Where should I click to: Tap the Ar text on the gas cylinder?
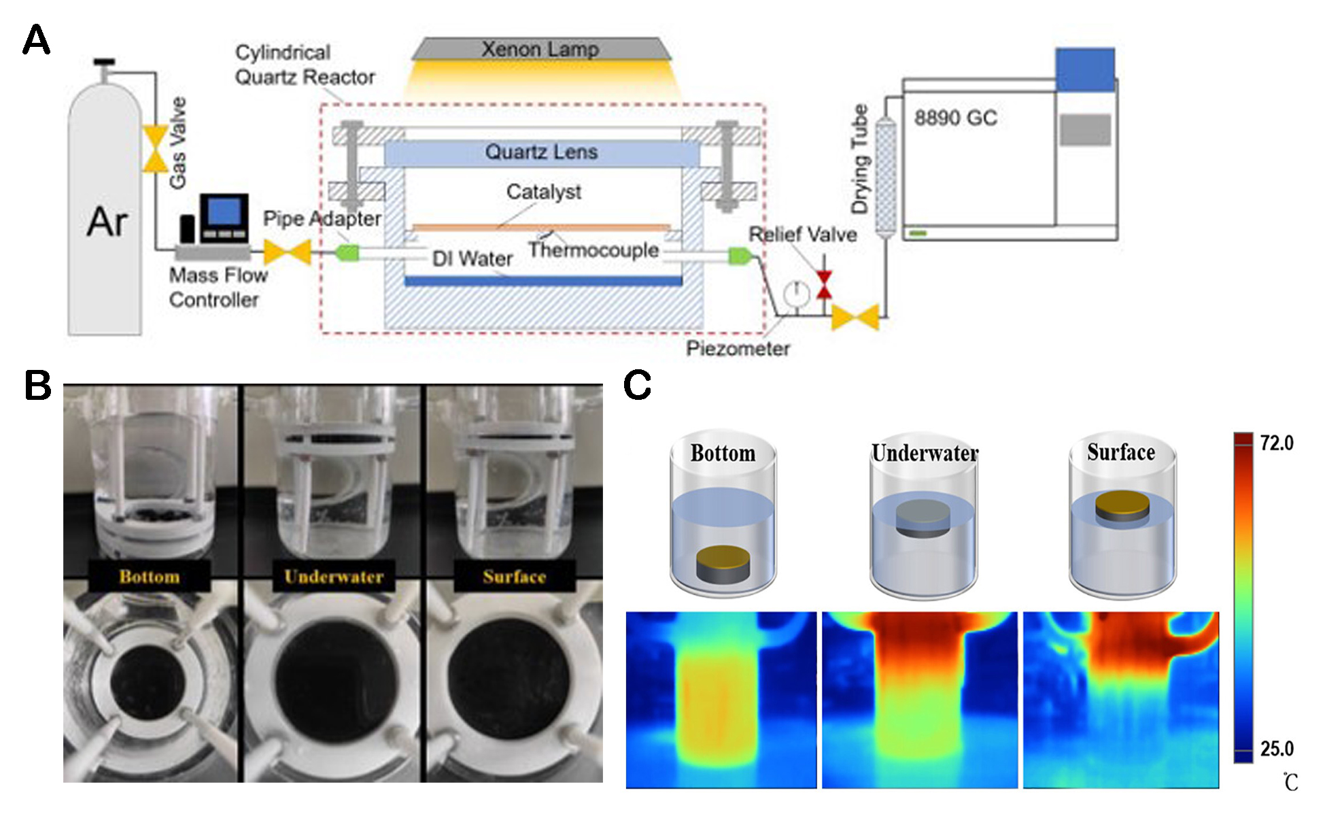107,222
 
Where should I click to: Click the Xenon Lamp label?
540,49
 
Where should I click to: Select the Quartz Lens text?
541,152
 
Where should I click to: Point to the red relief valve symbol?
824,284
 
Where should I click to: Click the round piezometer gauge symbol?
796,293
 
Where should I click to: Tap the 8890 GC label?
955,118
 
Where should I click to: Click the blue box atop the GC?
1085,69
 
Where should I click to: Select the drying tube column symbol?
884,177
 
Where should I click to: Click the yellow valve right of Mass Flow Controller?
287,252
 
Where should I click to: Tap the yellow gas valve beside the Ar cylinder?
156,149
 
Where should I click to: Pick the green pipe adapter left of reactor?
347,254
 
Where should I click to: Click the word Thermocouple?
593,250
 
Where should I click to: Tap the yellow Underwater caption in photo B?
334,577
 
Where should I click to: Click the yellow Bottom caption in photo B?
150,577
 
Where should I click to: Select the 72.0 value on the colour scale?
1276,443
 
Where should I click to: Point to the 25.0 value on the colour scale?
1276,749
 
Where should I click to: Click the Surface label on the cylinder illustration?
1120,452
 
